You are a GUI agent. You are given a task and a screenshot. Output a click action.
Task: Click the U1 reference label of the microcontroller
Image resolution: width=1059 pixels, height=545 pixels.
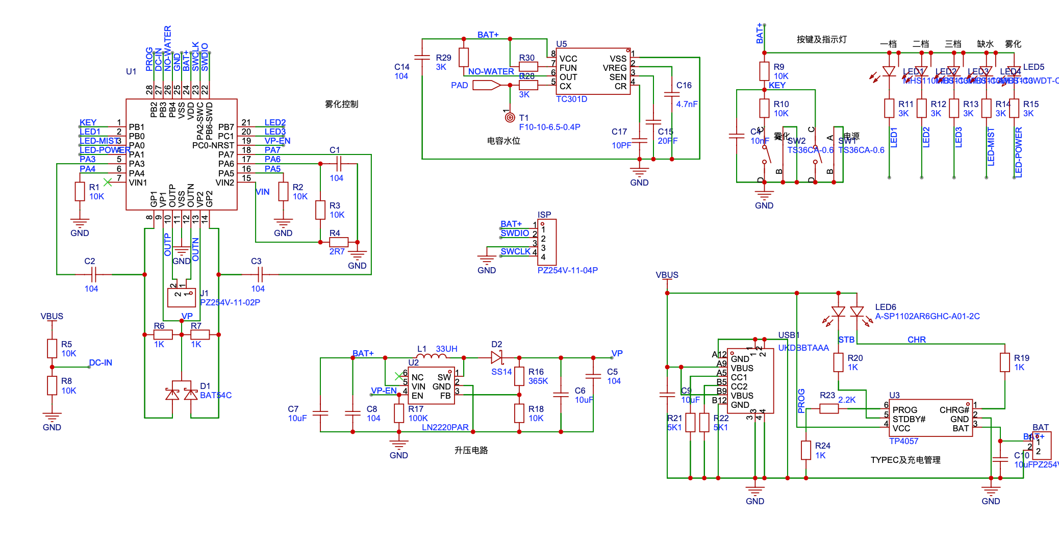coord(131,71)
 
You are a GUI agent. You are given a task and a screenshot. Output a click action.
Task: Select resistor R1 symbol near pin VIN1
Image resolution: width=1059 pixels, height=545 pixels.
coord(80,192)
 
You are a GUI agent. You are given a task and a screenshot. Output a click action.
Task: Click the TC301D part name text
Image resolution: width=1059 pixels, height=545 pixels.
coord(571,99)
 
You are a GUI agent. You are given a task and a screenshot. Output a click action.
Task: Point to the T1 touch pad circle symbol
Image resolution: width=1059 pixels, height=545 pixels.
coord(510,118)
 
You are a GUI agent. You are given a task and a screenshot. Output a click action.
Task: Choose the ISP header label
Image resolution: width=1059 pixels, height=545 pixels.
coord(544,215)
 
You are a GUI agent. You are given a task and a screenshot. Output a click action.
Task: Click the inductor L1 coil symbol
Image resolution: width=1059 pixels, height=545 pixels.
coord(432,357)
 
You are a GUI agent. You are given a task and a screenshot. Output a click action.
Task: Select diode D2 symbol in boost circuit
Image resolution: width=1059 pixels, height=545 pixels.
coord(496,357)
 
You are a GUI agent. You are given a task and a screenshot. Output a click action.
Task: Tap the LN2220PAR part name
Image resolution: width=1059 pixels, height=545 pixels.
coord(445,427)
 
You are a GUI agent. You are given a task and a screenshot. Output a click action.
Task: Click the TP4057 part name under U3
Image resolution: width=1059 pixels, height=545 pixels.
coord(903,441)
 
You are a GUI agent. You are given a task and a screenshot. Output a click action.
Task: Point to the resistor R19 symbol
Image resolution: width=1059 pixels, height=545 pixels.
coord(1005,362)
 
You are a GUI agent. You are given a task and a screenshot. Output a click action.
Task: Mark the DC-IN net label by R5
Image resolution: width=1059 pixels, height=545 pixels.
coord(100,362)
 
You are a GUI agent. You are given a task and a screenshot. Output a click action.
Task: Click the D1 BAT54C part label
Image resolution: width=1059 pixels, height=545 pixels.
coord(216,395)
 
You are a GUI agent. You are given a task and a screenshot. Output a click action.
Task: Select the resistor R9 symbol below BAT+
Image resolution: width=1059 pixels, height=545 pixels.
coord(764,71)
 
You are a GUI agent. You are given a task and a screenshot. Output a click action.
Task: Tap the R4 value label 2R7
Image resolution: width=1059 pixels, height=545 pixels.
coord(337,251)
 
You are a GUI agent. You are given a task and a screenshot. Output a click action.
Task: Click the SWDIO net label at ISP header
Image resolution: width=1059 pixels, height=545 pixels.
coord(515,233)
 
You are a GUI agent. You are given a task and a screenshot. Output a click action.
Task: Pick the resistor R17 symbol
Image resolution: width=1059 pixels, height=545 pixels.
coord(399,413)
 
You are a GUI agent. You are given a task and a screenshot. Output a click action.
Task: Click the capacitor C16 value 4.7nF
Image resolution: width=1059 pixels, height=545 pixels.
coord(687,104)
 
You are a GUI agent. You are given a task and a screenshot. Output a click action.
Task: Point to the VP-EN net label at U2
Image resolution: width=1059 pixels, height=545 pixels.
coord(384,391)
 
